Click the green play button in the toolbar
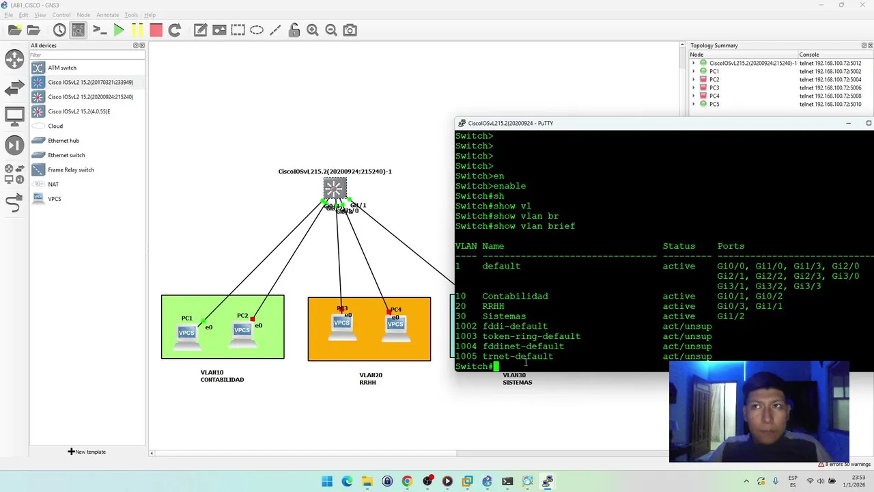[118, 30]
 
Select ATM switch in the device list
[61, 68]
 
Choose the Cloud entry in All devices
[55, 126]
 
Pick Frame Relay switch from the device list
[70, 169]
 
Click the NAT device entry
[53, 184]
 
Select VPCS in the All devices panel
[54, 199]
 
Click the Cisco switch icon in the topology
[335, 189]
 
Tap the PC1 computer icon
[186, 333]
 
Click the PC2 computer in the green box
[242, 330]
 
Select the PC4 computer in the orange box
[395, 324]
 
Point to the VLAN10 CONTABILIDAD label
[222, 377]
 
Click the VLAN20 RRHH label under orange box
[369, 379]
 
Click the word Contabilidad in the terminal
[515, 297]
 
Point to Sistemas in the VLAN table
[504, 316]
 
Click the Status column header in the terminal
[679, 246]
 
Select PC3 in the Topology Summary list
[714, 87]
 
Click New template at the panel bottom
[87, 452]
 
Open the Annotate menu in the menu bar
[107, 15]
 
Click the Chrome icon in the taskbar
[407, 481]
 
